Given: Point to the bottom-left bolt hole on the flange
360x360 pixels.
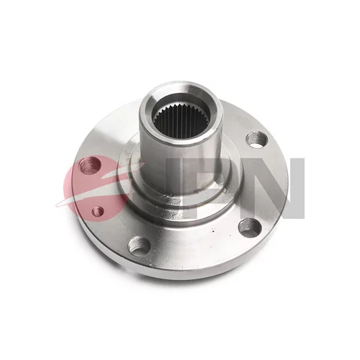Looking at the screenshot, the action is tap(139, 245).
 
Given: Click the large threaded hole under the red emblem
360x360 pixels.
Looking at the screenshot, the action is tap(90, 166).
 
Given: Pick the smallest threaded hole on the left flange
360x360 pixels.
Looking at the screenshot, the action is tap(98, 211).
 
